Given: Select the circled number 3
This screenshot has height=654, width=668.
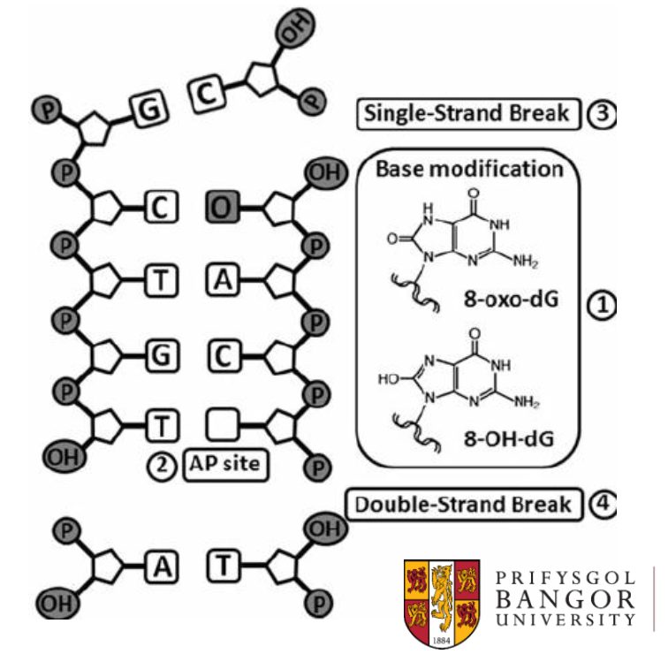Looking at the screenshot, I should click(601, 114).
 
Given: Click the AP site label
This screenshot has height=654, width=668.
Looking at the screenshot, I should click(225, 464).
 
